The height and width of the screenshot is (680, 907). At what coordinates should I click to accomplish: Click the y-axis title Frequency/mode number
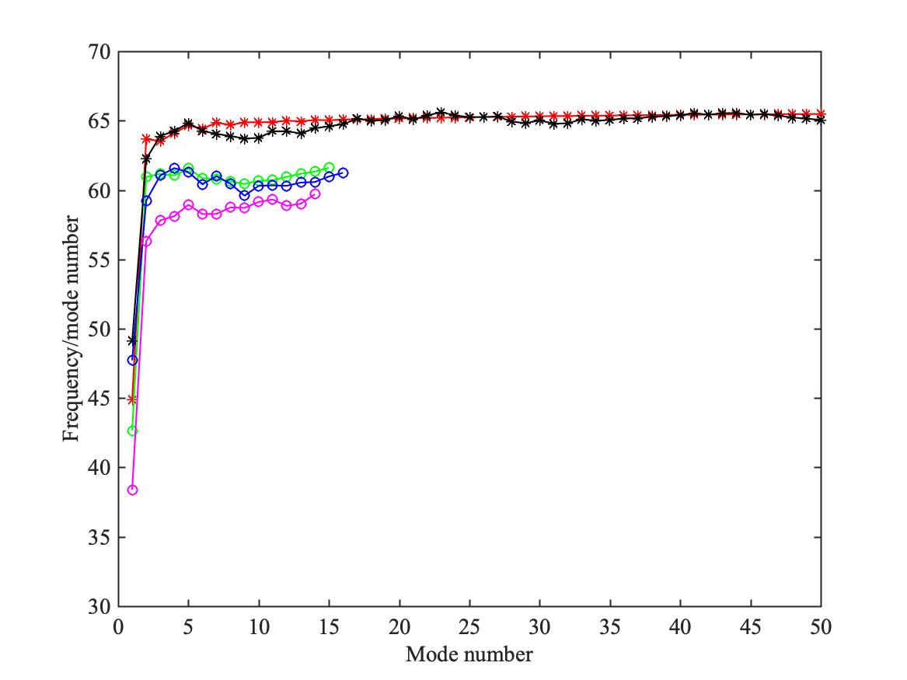pyautogui.click(x=71, y=329)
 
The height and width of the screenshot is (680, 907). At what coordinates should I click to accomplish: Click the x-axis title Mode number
pyautogui.click(x=469, y=654)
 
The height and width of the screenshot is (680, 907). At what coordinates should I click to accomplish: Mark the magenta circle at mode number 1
pyautogui.click(x=132, y=490)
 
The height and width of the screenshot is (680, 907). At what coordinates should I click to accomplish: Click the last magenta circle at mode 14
pyautogui.click(x=315, y=194)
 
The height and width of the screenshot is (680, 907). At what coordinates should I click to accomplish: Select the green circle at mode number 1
pyautogui.click(x=132, y=431)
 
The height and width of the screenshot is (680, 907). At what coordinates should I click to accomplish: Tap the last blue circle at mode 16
pyautogui.click(x=343, y=173)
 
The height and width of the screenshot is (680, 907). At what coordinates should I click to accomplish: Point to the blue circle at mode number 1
pyautogui.click(x=132, y=360)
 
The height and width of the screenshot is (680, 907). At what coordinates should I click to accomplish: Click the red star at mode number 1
pyautogui.click(x=132, y=399)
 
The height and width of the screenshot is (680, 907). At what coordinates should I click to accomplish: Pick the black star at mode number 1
pyautogui.click(x=132, y=340)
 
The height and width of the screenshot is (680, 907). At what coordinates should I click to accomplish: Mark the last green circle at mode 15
pyautogui.click(x=329, y=167)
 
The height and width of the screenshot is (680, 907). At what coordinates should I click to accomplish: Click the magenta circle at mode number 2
pyautogui.click(x=146, y=241)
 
